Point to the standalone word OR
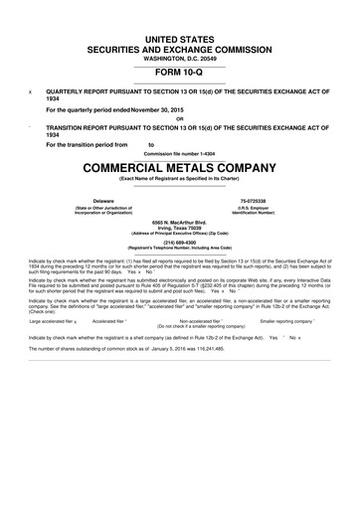(x=180, y=121)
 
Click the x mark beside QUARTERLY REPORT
(x=32, y=90)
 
